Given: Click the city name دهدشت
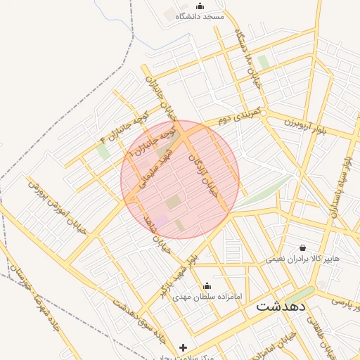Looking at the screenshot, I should [281, 306].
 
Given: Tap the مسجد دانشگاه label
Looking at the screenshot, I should [200, 15].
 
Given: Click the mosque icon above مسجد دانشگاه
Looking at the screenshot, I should [200, 6].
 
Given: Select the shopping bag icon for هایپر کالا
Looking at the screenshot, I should [302, 247].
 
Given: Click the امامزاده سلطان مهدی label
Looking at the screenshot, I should [207, 297].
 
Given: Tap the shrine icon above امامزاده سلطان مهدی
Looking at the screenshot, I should [207, 286].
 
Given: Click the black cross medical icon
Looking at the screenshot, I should [184, 347].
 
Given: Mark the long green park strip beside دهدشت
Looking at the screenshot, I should [302, 296].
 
